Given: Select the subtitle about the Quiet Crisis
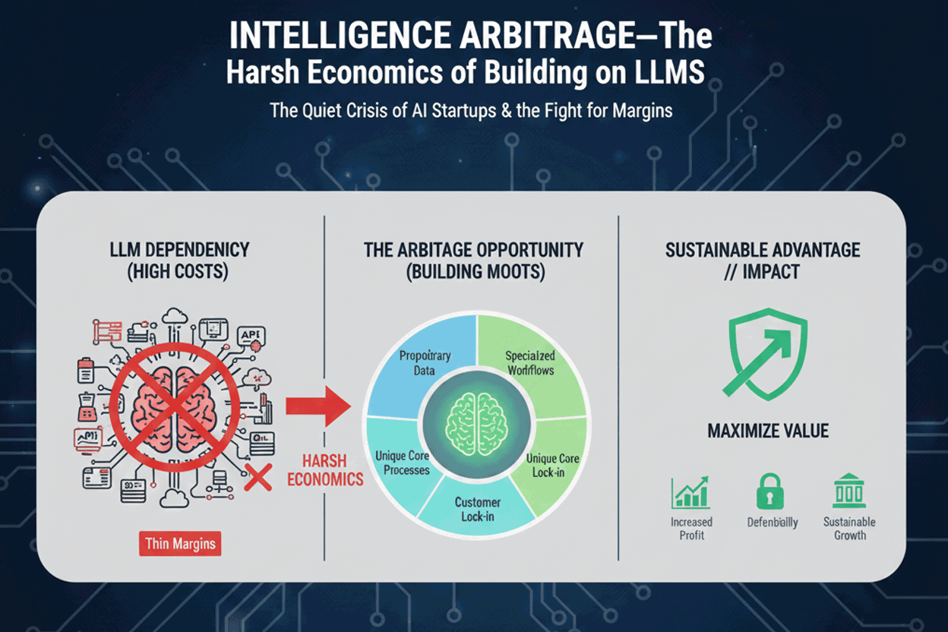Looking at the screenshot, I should click(471, 109).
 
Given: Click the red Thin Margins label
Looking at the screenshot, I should click(180, 544).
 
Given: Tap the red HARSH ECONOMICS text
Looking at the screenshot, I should click(324, 470).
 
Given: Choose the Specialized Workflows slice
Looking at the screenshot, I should click(529, 362).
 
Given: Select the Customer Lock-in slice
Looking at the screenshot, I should click(477, 510).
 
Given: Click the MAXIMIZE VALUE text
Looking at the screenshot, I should click(768, 431).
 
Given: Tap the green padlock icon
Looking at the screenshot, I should click(768, 492).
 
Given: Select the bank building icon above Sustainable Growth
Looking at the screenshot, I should click(849, 492).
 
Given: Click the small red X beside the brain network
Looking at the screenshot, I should click(258, 478).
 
